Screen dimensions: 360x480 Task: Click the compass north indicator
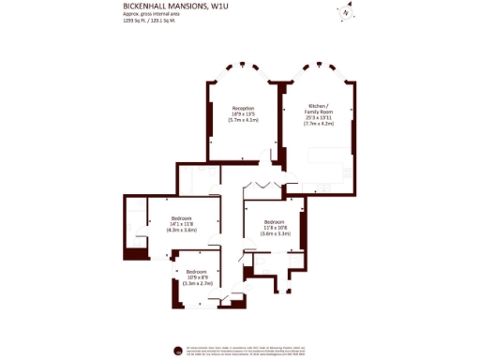click(346, 11)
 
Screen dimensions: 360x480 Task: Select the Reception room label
click(243, 108)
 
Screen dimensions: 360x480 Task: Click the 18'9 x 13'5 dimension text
click(243, 114)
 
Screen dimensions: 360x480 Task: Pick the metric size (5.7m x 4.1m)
click(243, 121)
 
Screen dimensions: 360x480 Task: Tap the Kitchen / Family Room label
click(317, 111)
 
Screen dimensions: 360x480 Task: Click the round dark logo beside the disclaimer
click(177, 351)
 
